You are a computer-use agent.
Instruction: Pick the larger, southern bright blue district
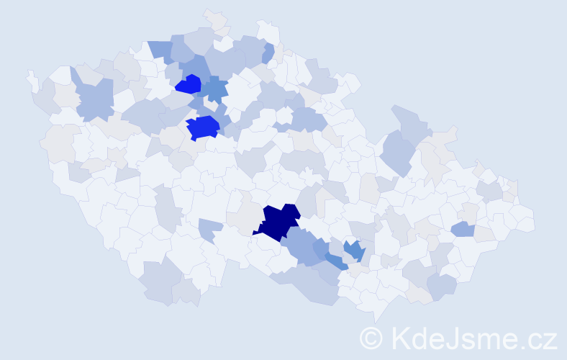click(202, 127)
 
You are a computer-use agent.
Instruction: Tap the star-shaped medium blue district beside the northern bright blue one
click(214, 89)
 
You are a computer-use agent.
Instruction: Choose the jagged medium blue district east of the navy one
click(353, 250)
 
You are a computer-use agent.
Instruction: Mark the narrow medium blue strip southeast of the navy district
click(335, 261)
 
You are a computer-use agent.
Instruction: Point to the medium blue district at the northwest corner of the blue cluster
click(161, 50)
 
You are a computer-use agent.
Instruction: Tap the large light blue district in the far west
click(94, 99)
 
